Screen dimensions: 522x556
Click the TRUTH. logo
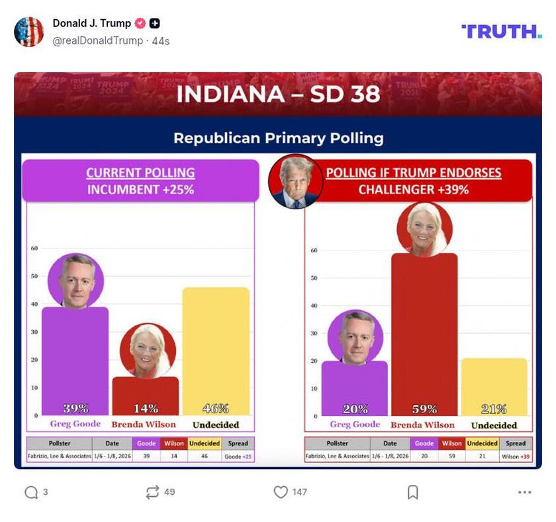[x=501, y=31]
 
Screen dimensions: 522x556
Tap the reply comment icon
[x=31, y=492]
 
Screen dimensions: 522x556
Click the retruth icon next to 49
[x=152, y=492]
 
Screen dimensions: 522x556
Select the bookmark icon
[x=412, y=492]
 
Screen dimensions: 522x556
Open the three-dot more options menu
[x=524, y=492]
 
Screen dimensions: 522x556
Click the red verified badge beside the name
[x=140, y=23]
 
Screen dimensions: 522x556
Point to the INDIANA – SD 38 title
[x=278, y=94]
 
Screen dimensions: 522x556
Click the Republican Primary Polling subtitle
[x=278, y=138]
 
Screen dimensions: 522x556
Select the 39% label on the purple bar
[x=75, y=408]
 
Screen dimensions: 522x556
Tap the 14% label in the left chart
[x=145, y=408]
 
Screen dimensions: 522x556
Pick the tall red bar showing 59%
[x=424, y=331]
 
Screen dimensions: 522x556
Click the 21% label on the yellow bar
[x=494, y=409]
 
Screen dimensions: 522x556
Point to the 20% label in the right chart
[x=355, y=409]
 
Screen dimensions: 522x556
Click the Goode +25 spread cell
[x=238, y=456]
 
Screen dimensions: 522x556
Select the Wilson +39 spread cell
[x=516, y=456]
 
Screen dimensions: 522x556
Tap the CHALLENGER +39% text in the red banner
[x=413, y=189]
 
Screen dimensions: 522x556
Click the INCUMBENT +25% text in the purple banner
[x=140, y=189]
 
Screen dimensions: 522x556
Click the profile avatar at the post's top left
[x=29, y=31]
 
